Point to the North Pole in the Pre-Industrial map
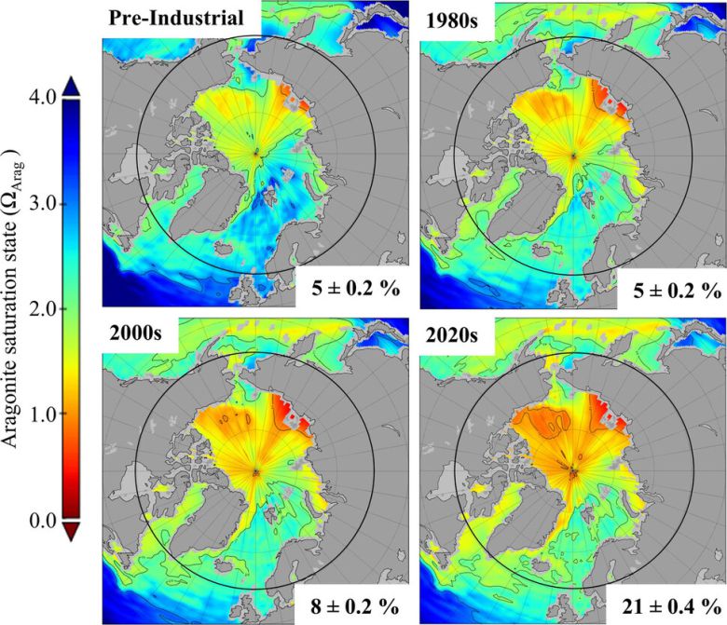point(255,155)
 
